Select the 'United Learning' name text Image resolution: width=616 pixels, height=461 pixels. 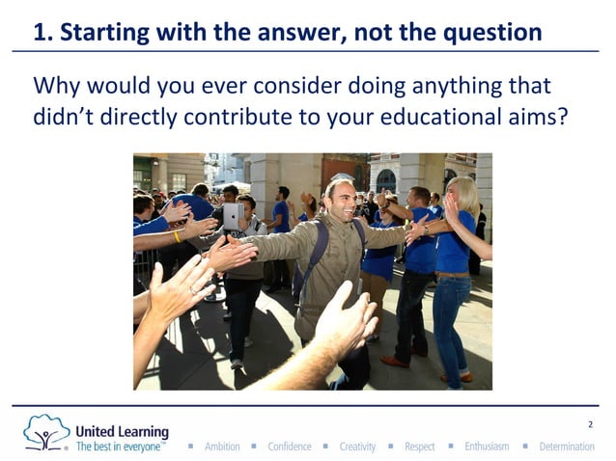point(122,431)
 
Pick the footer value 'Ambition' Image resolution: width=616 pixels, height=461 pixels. point(222,447)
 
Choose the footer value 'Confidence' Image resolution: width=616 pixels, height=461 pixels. point(290,447)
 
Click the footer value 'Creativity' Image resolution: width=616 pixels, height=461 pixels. point(357,447)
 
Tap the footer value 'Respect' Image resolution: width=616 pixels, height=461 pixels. point(420,447)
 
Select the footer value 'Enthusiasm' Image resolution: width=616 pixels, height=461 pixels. point(487,447)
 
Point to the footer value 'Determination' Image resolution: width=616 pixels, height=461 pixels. point(567,447)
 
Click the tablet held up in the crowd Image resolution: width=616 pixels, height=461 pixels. point(233,217)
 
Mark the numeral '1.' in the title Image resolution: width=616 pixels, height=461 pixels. point(42,33)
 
